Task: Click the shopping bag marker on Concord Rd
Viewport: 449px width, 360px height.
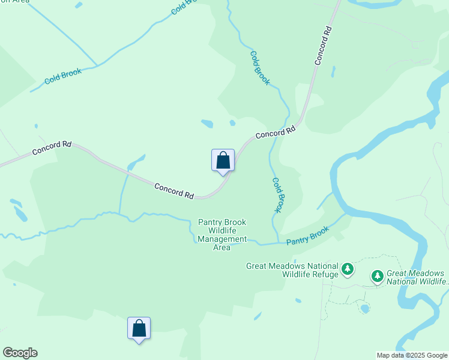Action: click(223, 161)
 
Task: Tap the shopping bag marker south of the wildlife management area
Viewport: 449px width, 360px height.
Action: click(139, 329)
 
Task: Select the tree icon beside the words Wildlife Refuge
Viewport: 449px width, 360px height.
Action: click(348, 270)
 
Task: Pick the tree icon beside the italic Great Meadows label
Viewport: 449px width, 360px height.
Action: click(377, 276)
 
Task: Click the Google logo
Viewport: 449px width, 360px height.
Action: click(20, 353)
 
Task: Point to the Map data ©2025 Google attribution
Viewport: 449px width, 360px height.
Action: click(412, 355)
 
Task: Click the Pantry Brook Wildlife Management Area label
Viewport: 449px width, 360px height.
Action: click(222, 235)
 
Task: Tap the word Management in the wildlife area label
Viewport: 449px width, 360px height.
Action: click(222, 239)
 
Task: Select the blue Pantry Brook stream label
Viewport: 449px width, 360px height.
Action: click(307, 235)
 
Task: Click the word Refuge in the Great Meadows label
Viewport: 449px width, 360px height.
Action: click(325, 275)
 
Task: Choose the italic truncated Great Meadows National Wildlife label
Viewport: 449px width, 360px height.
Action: click(417, 277)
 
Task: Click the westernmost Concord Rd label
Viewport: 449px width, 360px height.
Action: click(52, 148)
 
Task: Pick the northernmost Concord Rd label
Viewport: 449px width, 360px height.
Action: click(323, 45)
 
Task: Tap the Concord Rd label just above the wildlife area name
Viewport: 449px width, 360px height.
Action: click(174, 191)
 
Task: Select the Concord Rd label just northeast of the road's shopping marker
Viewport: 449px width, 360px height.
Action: click(276, 132)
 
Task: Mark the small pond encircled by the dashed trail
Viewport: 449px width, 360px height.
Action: click(364, 308)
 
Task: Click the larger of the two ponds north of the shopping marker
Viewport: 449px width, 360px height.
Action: click(207, 124)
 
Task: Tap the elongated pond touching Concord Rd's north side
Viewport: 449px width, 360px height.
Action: click(136, 163)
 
